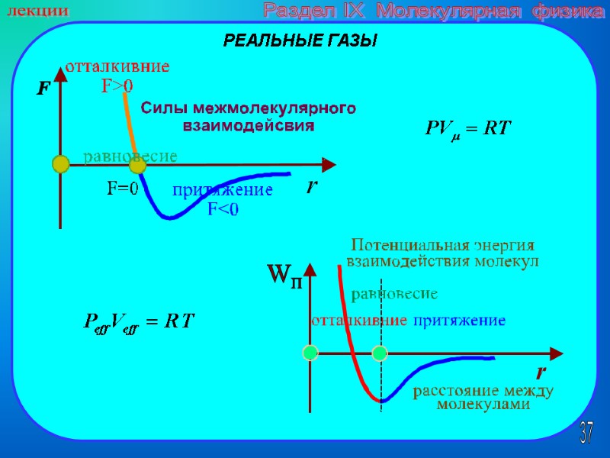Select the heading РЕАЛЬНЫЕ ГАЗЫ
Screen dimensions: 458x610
300,41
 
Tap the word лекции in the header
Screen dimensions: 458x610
37,11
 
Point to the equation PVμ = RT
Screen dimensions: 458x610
467,129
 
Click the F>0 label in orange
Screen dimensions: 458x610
117,86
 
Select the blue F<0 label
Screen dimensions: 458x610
223,208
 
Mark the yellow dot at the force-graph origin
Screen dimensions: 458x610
60,163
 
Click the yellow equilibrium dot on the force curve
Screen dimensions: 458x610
137,165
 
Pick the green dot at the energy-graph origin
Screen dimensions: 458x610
310,353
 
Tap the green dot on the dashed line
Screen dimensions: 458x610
380,353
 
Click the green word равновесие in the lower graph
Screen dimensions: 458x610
393,293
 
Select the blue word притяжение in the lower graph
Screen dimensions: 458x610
459,321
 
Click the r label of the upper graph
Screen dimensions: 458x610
312,185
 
